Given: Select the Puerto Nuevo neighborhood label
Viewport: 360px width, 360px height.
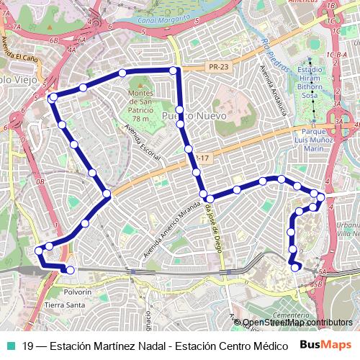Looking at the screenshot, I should click(x=194, y=115).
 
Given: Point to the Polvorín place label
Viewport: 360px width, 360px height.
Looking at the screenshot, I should click(x=78, y=292).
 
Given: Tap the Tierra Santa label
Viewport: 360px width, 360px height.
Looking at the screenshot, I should click(x=65, y=305).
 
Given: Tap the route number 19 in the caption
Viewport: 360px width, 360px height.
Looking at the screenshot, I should click(x=27, y=346).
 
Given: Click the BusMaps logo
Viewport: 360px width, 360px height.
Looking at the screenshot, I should click(x=325, y=345).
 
